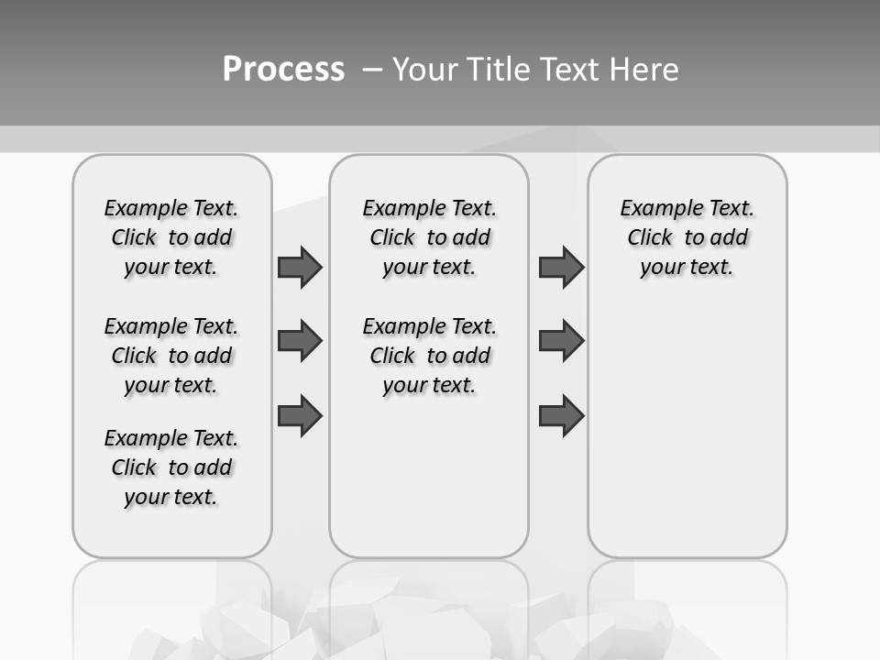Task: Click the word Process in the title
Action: point(283,70)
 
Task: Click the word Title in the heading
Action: point(497,70)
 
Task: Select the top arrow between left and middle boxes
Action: point(300,267)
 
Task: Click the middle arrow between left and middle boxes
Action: point(300,342)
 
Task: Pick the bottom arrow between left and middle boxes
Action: point(300,416)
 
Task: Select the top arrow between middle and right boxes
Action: point(561,267)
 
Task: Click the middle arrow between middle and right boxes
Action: point(561,342)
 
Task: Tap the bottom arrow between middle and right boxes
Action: point(561,416)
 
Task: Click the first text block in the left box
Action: point(171,237)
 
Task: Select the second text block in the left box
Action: point(171,356)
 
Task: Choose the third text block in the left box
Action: point(171,467)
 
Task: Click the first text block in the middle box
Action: point(429,237)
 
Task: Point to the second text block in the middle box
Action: point(429,356)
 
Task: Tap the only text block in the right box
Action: point(687,237)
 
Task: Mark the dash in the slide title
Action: point(372,70)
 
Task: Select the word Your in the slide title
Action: point(426,70)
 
